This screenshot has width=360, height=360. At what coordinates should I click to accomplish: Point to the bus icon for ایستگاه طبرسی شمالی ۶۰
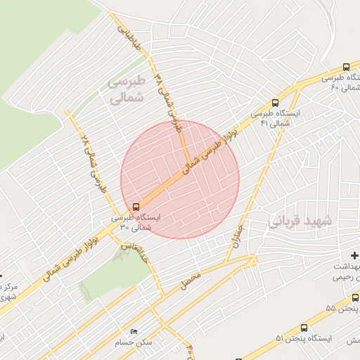[347, 67]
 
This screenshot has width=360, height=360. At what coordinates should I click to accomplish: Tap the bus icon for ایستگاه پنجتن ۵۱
[304, 328]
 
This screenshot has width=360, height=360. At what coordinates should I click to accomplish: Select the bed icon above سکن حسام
[134, 331]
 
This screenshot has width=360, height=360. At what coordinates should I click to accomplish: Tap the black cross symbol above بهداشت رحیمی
[354, 255]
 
